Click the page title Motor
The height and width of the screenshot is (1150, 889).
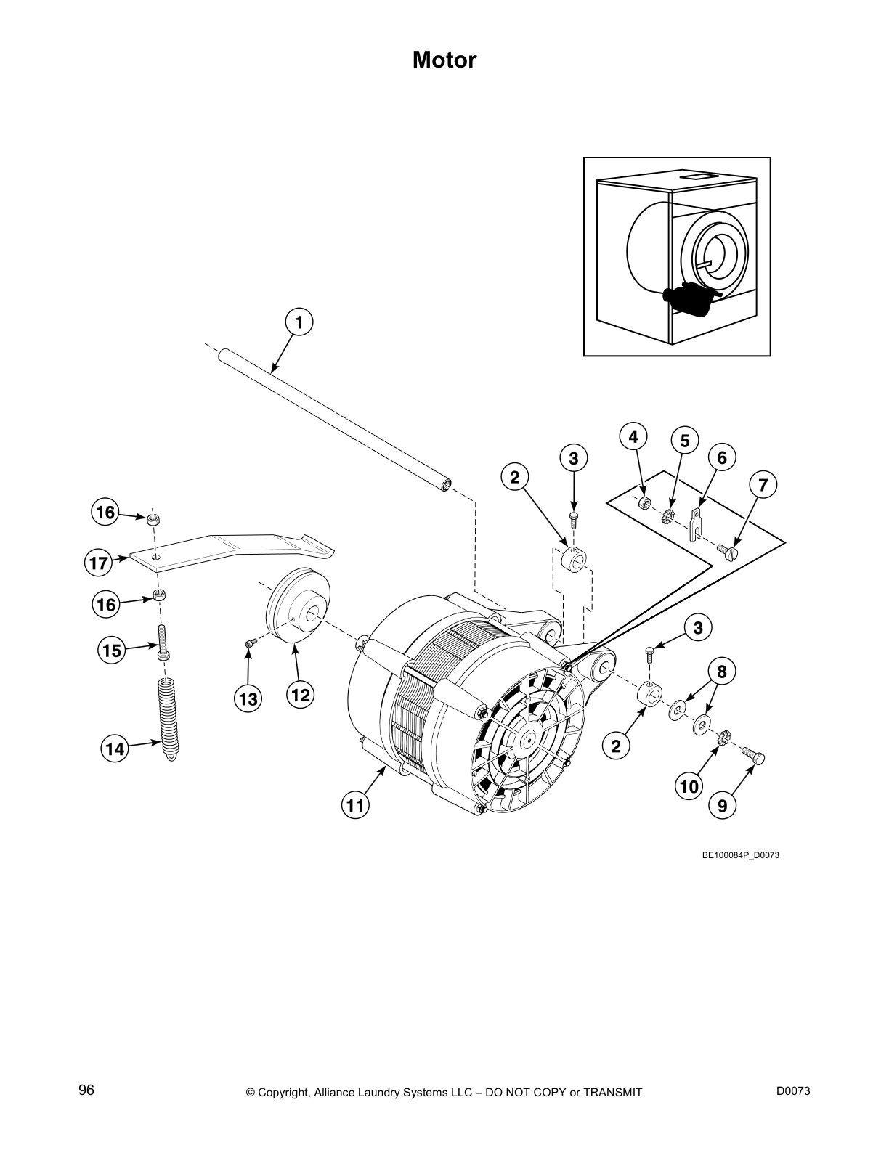click(444, 60)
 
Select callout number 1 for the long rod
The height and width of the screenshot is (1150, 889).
click(299, 321)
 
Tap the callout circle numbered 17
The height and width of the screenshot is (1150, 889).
click(99, 563)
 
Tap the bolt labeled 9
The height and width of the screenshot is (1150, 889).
click(754, 757)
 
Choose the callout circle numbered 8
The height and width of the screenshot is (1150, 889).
click(721, 672)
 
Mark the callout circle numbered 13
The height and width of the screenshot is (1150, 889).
click(248, 698)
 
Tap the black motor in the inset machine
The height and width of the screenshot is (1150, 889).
click(686, 300)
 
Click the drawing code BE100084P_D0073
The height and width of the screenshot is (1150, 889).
click(740, 855)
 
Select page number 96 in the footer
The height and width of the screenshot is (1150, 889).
click(86, 1090)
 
